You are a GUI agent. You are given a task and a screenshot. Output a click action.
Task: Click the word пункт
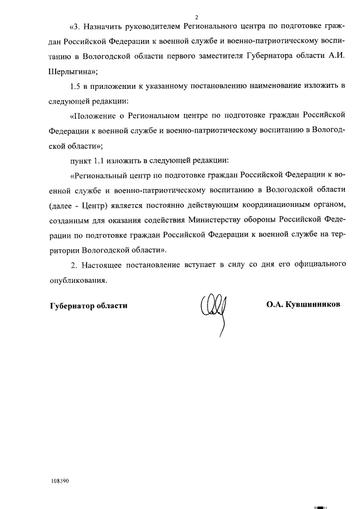point(79,160)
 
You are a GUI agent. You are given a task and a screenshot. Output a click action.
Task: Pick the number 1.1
point(99,160)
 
